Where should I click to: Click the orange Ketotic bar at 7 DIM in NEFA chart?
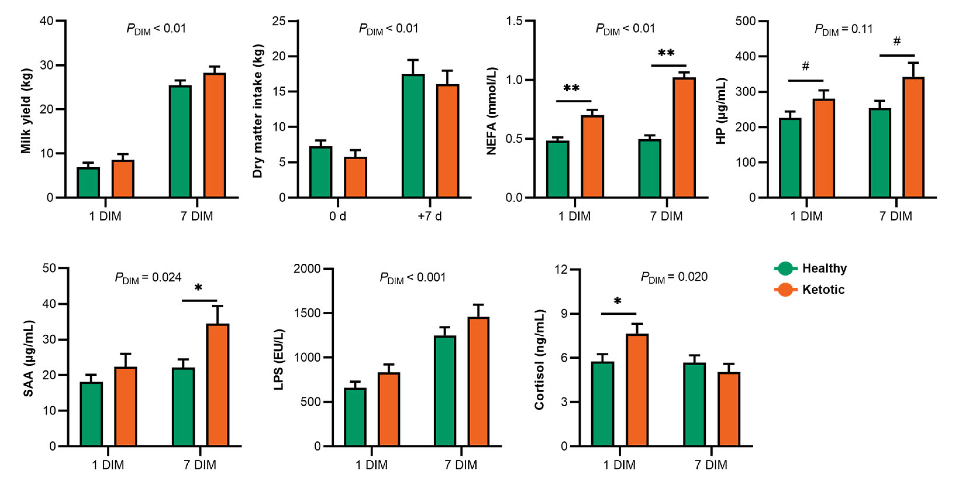[x=684, y=137]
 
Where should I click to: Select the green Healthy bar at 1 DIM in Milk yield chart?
[x=88, y=182]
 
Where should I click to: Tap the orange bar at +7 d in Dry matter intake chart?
[x=447, y=141]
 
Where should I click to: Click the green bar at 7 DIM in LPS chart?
[x=445, y=391]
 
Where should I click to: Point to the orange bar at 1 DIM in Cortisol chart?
[x=637, y=390]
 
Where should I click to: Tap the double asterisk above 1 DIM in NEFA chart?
[x=571, y=89]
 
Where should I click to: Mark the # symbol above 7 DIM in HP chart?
[x=897, y=41]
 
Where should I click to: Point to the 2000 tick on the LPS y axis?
[x=307, y=269]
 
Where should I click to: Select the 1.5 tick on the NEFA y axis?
[x=514, y=21]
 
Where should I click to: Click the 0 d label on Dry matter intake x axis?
[x=337, y=216]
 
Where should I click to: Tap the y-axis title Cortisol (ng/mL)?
[x=539, y=360]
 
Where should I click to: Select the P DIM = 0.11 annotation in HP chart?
[x=843, y=29]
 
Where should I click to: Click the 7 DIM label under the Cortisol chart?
[x=711, y=465]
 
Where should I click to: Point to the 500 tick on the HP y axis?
[x=746, y=21]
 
